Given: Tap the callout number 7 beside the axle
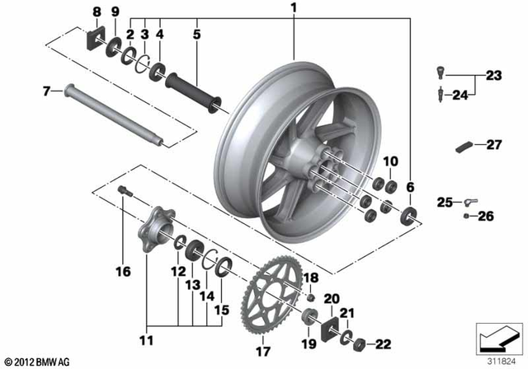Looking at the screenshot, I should point(46,92).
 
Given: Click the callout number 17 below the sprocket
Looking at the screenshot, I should point(264,351).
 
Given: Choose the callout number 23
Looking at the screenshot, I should point(493,76).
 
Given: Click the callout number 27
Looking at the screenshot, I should point(493,145).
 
